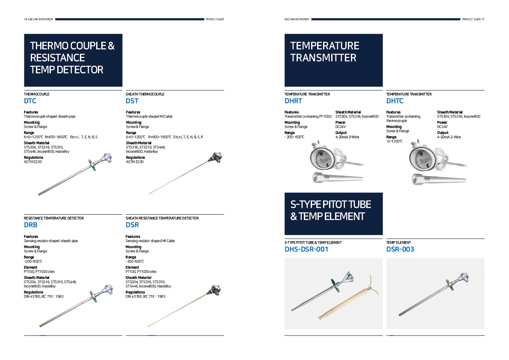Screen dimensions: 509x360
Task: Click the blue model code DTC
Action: pyautogui.click(x=30, y=101)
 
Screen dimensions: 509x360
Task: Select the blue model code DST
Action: pyautogui.click(x=132, y=101)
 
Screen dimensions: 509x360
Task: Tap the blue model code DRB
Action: pyautogui.click(x=30, y=225)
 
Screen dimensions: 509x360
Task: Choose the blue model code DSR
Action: pyautogui.click(x=132, y=225)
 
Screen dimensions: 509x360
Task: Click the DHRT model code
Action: pyautogui.click(x=293, y=101)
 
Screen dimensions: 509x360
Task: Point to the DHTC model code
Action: pyautogui.click(x=395, y=101)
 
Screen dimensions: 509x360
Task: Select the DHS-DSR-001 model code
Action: pyautogui.click(x=306, y=249)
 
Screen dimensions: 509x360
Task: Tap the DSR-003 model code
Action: pyautogui.click(x=400, y=249)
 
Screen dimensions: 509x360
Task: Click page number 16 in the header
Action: pyautogui.click(x=25, y=20)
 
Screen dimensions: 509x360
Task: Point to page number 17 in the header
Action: pyautogui.click(x=483, y=20)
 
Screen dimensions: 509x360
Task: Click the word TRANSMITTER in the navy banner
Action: pyautogui.click(x=324, y=58)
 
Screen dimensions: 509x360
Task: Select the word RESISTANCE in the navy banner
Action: pyautogui.click(x=57, y=58)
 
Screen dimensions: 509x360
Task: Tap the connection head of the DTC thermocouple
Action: pyautogui.click(x=106, y=158)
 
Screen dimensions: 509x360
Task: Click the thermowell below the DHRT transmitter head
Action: pyautogui.click(x=338, y=178)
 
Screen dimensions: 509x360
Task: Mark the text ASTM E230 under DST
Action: pyautogui.click(x=135, y=162)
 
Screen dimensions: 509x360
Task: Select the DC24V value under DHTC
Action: pyautogui.click(x=442, y=127)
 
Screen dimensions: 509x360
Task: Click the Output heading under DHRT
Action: pyautogui.click(x=341, y=133)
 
